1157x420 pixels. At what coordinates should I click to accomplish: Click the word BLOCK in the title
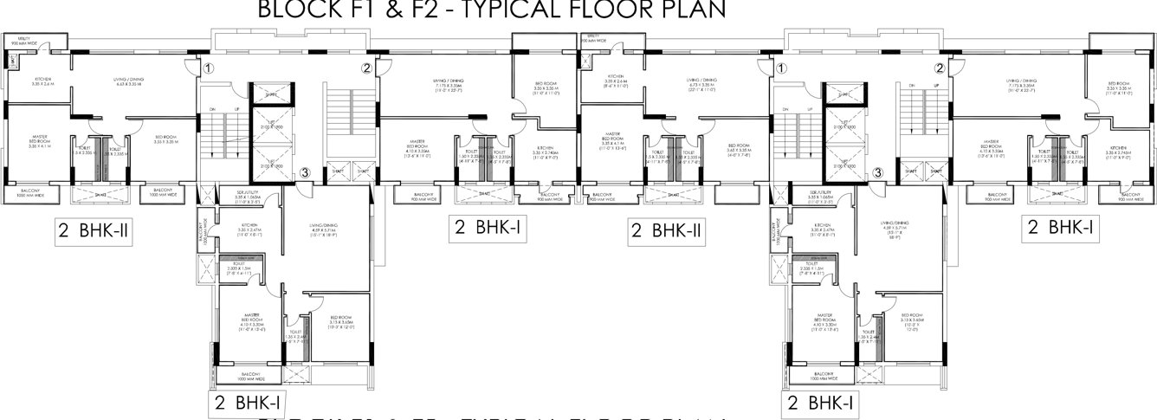[x=296, y=10]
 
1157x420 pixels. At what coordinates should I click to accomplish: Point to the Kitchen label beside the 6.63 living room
[x=19, y=81]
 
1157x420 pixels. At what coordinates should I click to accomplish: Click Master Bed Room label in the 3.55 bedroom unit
[x=38, y=140]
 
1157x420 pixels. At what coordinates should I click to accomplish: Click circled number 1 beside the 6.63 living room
[x=207, y=68]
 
